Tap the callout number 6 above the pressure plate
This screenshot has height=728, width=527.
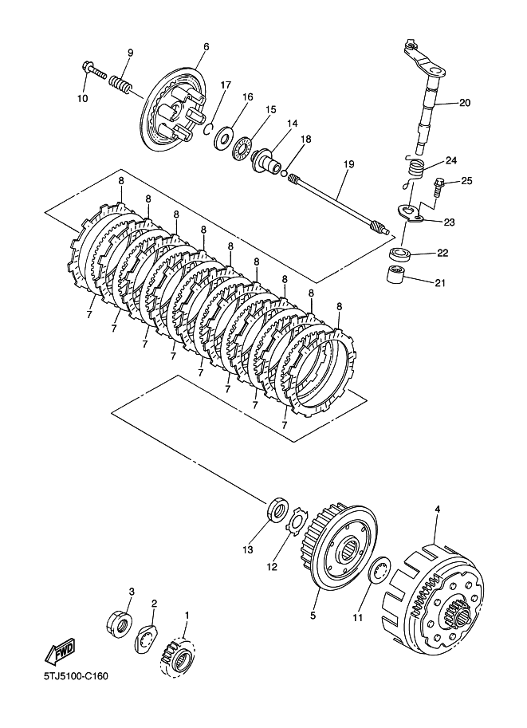206,46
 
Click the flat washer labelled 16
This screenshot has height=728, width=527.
224,139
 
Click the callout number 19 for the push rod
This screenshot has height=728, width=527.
348,164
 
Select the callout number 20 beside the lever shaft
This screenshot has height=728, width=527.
465,103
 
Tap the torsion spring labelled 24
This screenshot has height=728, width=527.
412,171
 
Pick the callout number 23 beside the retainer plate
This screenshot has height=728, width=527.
449,222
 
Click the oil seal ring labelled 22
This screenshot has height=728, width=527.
399,254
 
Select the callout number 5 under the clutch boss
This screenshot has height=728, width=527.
313,616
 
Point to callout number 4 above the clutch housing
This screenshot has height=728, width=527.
437,509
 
